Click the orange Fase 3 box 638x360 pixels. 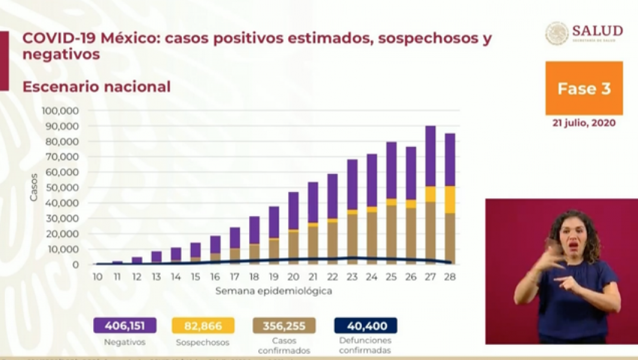coord(584,88)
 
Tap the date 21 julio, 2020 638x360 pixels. coord(584,123)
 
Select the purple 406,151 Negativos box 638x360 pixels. coord(125,326)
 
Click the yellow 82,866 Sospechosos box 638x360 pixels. coord(203,326)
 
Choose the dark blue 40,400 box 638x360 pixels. coord(365,326)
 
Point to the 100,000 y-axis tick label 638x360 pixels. coord(61,111)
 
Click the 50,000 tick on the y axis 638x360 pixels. coord(63,188)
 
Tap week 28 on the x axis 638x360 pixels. coord(449,277)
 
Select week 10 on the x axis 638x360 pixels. coord(97,277)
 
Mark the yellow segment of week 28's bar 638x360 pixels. coord(450,199)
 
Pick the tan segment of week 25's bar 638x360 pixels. coord(391,234)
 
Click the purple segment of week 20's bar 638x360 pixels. coord(293,211)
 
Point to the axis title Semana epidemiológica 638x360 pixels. coord(274,291)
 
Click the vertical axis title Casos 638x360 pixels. coord(34,187)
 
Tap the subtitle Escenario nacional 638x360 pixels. coord(96,87)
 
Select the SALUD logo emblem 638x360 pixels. coord(557,33)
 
